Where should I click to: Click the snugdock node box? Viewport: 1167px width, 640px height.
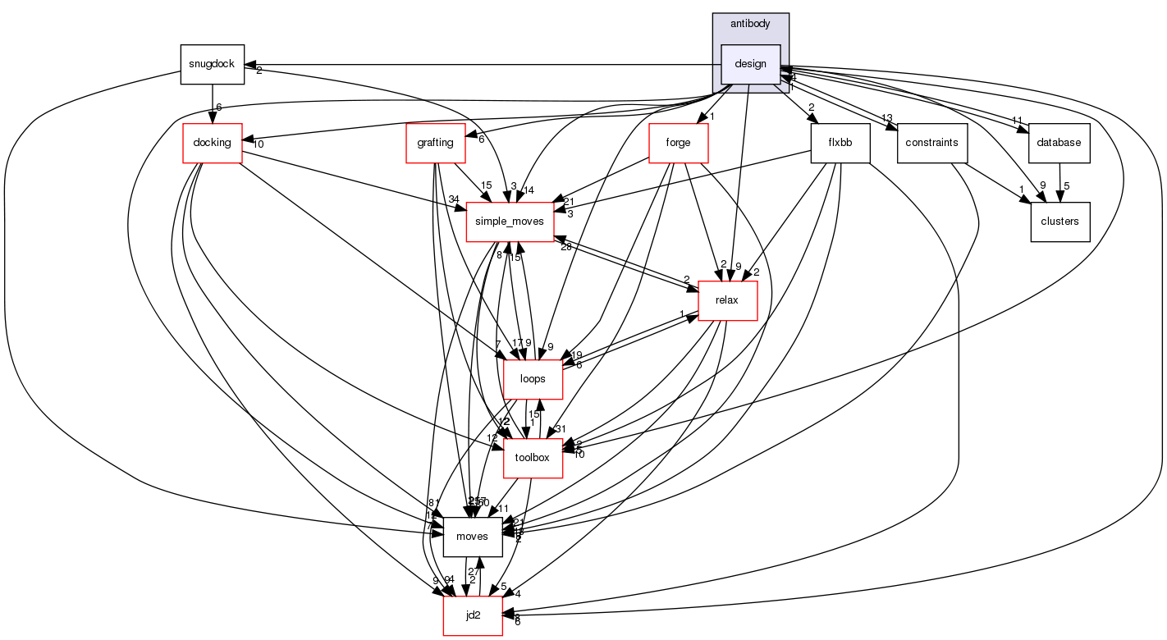click(213, 64)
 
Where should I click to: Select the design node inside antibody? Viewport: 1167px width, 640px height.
click(750, 64)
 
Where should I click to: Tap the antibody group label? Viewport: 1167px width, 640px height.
click(750, 24)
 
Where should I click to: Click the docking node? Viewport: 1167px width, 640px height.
click(213, 143)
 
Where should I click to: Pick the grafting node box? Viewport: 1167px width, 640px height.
click(435, 143)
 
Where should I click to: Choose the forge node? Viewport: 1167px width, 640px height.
click(678, 143)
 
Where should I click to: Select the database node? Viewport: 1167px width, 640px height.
click(1059, 143)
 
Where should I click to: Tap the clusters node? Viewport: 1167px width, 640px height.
click(1059, 222)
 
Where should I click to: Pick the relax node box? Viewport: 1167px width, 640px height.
click(726, 300)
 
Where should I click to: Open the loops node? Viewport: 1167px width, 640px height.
click(532, 379)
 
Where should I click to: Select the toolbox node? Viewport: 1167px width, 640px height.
click(532, 458)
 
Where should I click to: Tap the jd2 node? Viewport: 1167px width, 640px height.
click(473, 615)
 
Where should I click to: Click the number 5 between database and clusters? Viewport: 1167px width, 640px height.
click(1066, 185)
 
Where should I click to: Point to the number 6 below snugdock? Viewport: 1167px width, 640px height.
click(219, 107)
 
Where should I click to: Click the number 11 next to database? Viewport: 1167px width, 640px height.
click(1016, 121)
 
